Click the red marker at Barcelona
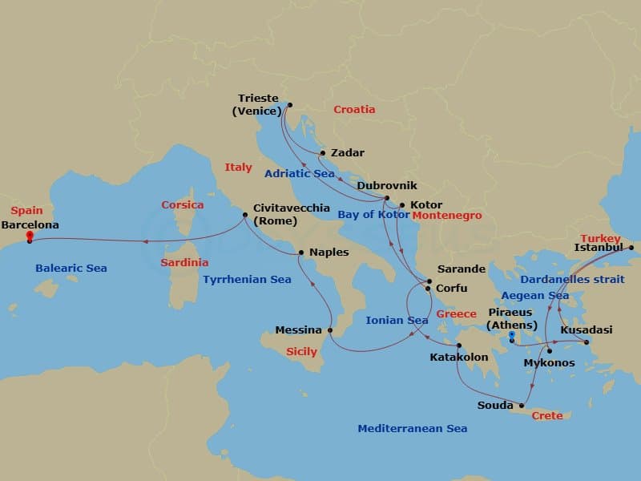click(30, 236)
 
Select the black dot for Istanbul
click(631, 248)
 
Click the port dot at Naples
click(300, 253)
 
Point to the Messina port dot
click(330, 329)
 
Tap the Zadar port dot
click(322, 153)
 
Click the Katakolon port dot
click(459, 346)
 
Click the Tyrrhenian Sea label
click(248, 280)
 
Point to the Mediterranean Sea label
click(412, 429)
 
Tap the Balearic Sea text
click(71, 269)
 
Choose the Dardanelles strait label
click(572, 280)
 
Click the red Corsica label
click(182, 205)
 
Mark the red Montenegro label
click(446, 216)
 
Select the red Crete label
click(547, 415)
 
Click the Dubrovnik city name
click(387, 185)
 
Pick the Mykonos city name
click(548, 363)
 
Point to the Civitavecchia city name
click(291, 208)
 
